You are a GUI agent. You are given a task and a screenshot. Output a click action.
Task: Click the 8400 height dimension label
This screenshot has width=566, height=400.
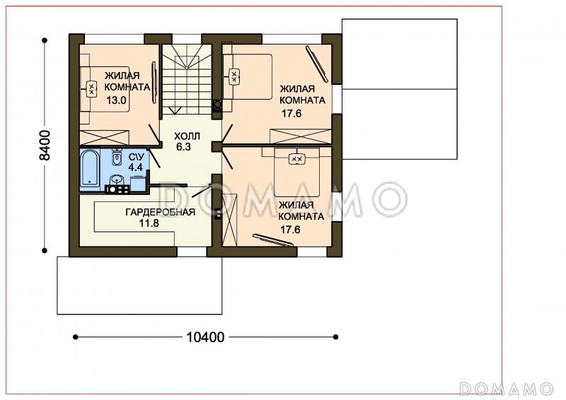(x=45, y=146)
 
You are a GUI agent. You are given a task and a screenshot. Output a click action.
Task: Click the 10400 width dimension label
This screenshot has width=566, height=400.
(x=205, y=337)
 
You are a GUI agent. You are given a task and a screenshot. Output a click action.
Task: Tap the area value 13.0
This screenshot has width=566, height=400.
(x=116, y=100)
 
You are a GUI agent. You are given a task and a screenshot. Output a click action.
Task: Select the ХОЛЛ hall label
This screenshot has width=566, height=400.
(x=187, y=136)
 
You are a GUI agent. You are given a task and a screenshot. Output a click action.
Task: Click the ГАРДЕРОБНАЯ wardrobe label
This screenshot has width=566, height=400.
(x=161, y=212)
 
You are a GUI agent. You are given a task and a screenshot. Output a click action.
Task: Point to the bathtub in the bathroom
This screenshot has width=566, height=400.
(x=90, y=170)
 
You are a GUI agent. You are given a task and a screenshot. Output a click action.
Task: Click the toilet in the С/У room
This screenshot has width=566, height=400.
(x=117, y=158)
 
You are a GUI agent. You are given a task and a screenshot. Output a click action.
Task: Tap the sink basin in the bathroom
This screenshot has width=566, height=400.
(x=116, y=180)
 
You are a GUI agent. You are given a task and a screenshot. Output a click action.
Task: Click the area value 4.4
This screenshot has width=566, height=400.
(x=136, y=167)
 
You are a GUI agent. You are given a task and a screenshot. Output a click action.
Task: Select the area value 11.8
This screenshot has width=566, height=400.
(x=149, y=223)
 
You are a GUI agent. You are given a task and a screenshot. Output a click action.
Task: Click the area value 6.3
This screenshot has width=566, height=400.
(x=183, y=147)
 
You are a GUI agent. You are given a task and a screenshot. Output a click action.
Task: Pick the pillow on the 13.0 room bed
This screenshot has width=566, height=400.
(x=91, y=88)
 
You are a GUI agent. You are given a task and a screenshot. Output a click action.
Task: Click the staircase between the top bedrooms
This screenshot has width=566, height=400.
(x=187, y=79)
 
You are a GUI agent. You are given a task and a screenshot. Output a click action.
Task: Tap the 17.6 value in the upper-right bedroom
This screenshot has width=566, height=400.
(x=291, y=113)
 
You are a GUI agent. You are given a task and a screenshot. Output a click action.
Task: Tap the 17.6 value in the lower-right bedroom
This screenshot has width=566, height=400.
(x=290, y=230)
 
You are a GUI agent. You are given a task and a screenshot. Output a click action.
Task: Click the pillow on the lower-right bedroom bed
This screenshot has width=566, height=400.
(x=297, y=159)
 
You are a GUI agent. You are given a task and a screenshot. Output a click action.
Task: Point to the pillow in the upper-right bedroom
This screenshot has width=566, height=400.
(x=234, y=77)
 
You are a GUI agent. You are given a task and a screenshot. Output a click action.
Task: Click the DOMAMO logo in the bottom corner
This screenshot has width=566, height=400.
(x=507, y=389)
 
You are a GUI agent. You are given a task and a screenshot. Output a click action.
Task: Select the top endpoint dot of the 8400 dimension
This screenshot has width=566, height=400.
(x=45, y=40)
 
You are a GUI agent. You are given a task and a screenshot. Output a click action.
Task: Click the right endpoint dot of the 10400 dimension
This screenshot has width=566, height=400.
(x=335, y=337)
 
